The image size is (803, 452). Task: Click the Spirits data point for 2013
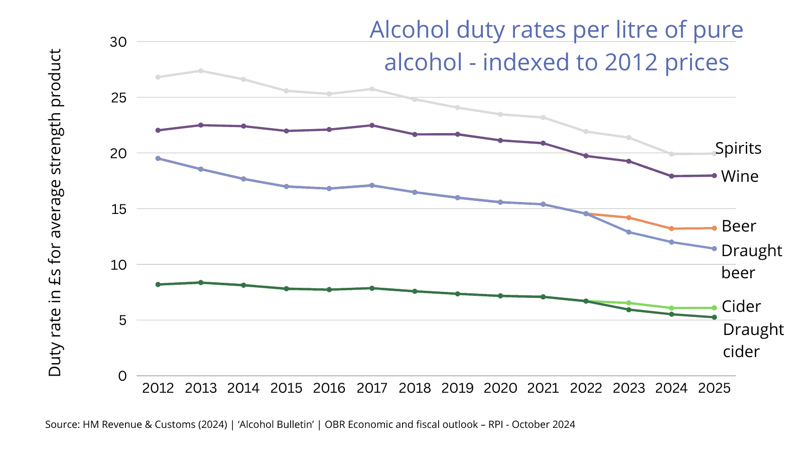pos(201,71)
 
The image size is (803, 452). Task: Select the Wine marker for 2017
pos(372,125)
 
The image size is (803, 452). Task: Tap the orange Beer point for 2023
pos(629,217)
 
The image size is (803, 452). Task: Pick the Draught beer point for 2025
pos(714,249)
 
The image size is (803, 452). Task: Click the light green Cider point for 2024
pos(672,308)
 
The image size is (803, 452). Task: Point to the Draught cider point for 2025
pos(714,317)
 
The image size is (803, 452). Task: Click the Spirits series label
pos(738,148)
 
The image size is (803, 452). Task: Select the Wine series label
pos(740,176)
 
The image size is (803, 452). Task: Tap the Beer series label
pos(739,226)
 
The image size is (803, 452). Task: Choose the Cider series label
pos(741,306)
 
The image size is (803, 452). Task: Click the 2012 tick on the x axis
pos(158,388)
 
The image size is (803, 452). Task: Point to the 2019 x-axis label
pos(457,388)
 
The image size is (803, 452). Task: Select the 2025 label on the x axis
pos(714,388)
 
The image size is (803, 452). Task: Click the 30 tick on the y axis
pos(118,42)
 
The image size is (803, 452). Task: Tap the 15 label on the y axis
pos(118,209)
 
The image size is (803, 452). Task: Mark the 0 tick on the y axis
pos(122,376)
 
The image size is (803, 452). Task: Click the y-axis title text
pos(55,212)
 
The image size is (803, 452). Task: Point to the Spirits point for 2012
pos(158,77)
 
